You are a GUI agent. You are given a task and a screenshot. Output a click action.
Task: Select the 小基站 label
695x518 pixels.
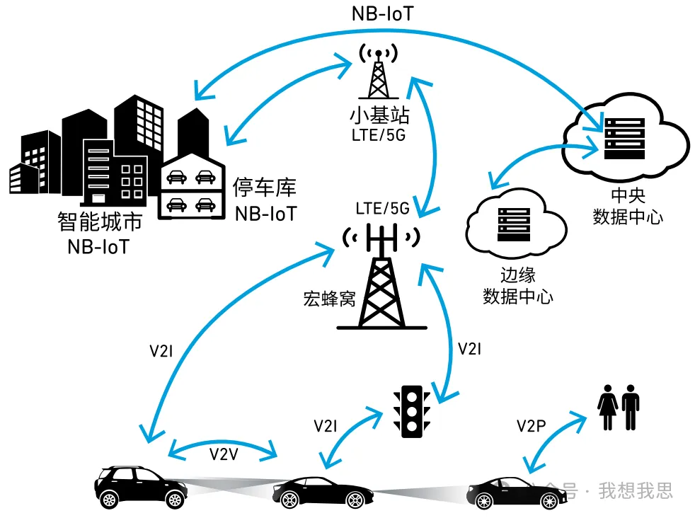click(379, 115)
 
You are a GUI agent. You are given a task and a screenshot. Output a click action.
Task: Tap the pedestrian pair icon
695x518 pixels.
click(619, 408)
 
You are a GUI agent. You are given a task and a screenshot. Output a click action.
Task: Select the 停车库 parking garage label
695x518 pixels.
click(265, 188)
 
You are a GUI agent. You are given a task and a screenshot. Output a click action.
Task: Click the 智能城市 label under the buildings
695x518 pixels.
click(99, 221)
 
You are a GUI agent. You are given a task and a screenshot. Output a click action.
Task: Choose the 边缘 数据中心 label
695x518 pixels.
click(517, 285)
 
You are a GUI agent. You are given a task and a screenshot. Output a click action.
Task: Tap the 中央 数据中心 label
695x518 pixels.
click(628, 207)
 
